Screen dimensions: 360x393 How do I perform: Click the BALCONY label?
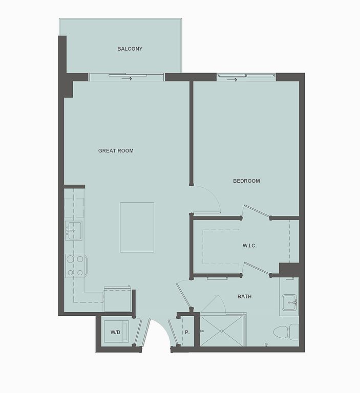[130, 49]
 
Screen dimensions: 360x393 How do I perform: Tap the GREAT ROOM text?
[116, 150]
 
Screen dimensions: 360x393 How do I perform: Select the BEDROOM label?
[246, 181]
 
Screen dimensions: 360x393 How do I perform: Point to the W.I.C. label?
[249, 246]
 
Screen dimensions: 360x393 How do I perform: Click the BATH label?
[244, 296]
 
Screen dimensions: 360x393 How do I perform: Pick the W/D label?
[115, 332]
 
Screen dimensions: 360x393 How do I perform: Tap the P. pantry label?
[187, 332]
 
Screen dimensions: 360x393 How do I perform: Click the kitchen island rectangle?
[137, 227]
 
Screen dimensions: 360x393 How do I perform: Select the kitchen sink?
[74, 230]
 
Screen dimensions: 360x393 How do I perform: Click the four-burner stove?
[76, 266]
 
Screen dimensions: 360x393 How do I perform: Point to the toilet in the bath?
[286, 332]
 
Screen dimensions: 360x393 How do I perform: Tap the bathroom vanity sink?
[289, 302]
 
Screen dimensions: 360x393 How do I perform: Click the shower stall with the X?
[222, 331]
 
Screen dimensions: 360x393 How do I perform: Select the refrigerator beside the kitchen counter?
[117, 299]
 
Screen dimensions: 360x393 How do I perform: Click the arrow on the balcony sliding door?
[127, 79]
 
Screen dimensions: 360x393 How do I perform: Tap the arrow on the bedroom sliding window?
[232, 80]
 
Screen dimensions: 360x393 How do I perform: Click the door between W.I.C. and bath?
[257, 269]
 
